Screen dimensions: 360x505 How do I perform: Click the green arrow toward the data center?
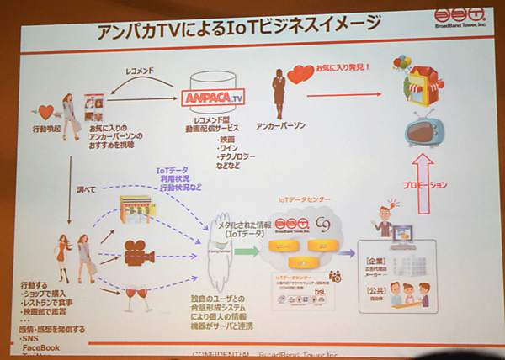(x=242, y=250)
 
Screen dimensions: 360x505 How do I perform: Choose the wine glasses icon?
(x=136, y=288)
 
